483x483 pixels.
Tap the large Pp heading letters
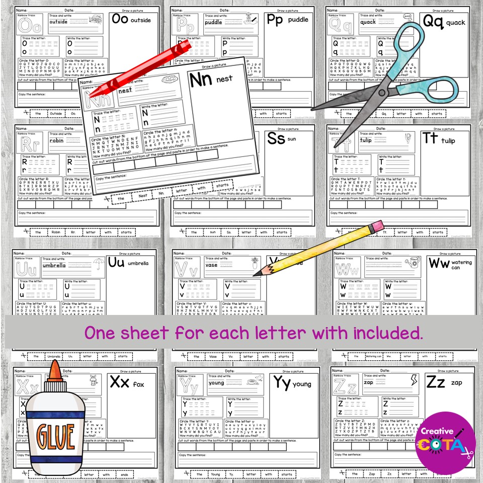[x=275, y=20]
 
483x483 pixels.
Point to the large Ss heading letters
[x=276, y=138]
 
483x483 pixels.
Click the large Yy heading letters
[x=281, y=382]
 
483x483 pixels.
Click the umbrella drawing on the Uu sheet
[x=99, y=263]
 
